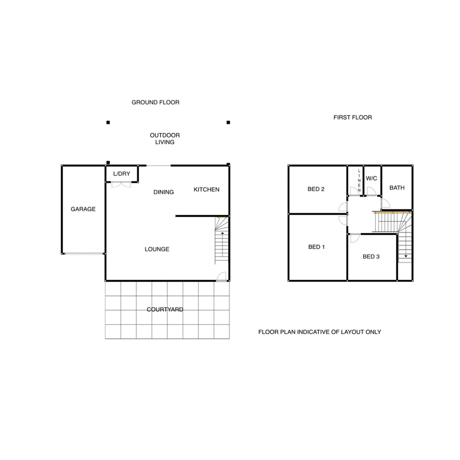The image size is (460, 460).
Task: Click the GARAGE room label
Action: coord(83,209)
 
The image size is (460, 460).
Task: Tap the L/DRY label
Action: coord(121,174)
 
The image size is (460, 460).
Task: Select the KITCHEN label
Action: coord(207,190)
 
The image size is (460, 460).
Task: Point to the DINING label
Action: coord(164,192)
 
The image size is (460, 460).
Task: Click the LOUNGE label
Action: coord(157,249)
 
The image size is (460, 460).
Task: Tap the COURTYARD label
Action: coord(165,310)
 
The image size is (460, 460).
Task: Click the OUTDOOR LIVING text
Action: coord(165,139)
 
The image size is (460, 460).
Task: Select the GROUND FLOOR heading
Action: coord(155,102)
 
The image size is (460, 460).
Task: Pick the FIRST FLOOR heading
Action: coord(353,117)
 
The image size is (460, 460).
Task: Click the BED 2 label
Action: coord(316,189)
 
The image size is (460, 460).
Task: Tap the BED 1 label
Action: coord(316,247)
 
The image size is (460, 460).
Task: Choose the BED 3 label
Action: coord(371,256)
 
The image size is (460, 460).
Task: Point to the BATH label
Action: coord(397,187)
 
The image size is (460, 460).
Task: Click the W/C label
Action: coord(371,178)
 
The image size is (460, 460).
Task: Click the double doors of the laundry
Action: coord(121,184)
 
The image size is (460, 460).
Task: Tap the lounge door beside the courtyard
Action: coord(221,277)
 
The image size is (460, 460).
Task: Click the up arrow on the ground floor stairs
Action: coord(222,234)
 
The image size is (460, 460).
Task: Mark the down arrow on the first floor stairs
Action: coord(406,256)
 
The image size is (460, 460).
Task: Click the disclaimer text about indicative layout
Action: coord(319,332)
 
